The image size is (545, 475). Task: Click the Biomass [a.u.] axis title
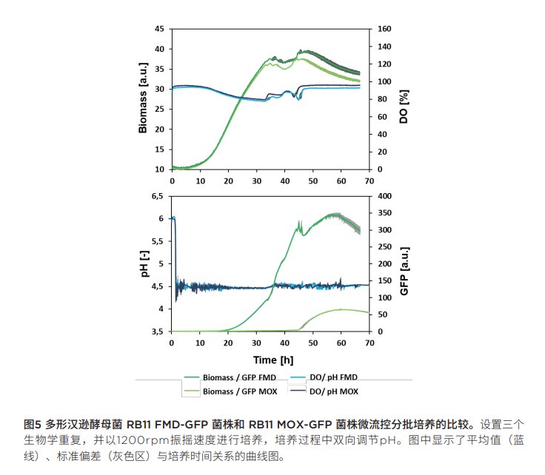tap(143, 98)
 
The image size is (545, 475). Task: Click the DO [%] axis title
tap(404, 98)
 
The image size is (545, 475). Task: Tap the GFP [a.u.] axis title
tap(404, 264)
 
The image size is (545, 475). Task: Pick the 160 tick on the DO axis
tap(384, 29)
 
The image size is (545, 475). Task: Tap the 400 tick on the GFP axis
tap(384, 197)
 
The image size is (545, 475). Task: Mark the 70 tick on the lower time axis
tap(369, 343)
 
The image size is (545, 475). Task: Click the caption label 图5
tap(32, 425)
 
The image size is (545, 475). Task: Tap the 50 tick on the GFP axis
tap(381, 314)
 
